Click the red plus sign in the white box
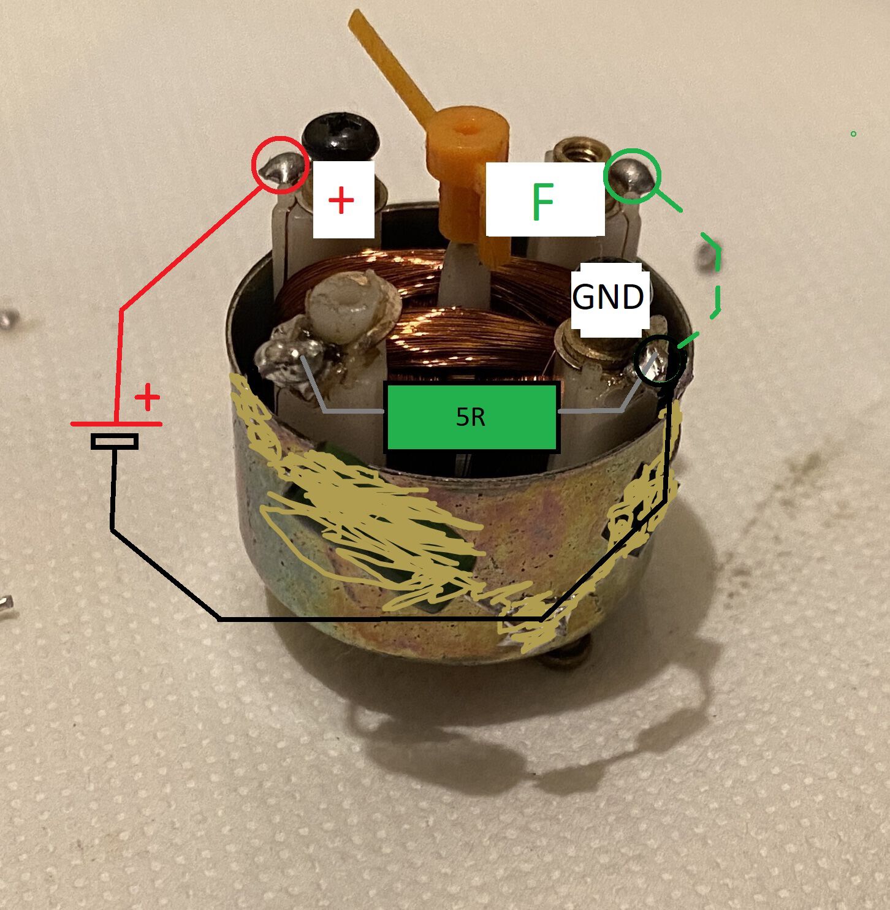tap(341, 200)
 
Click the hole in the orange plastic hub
tap(468, 126)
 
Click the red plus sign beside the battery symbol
tap(147, 397)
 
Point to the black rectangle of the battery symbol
tap(115, 441)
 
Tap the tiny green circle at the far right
tap(853, 134)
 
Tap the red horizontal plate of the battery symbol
tap(116, 424)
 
